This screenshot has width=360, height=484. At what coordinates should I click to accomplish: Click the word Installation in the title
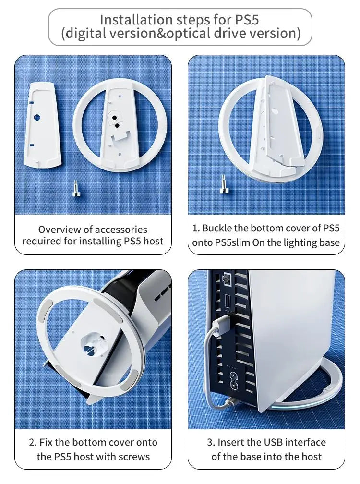click(x=136, y=20)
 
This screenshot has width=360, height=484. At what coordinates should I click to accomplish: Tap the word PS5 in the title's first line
click(x=247, y=20)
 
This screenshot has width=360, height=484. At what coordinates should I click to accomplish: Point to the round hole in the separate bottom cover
click(x=36, y=118)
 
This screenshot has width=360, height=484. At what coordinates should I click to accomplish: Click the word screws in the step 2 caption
click(x=135, y=457)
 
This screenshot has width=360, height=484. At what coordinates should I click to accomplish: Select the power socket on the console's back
click(x=234, y=379)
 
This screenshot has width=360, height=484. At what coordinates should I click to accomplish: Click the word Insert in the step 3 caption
click(x=231, y=442)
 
